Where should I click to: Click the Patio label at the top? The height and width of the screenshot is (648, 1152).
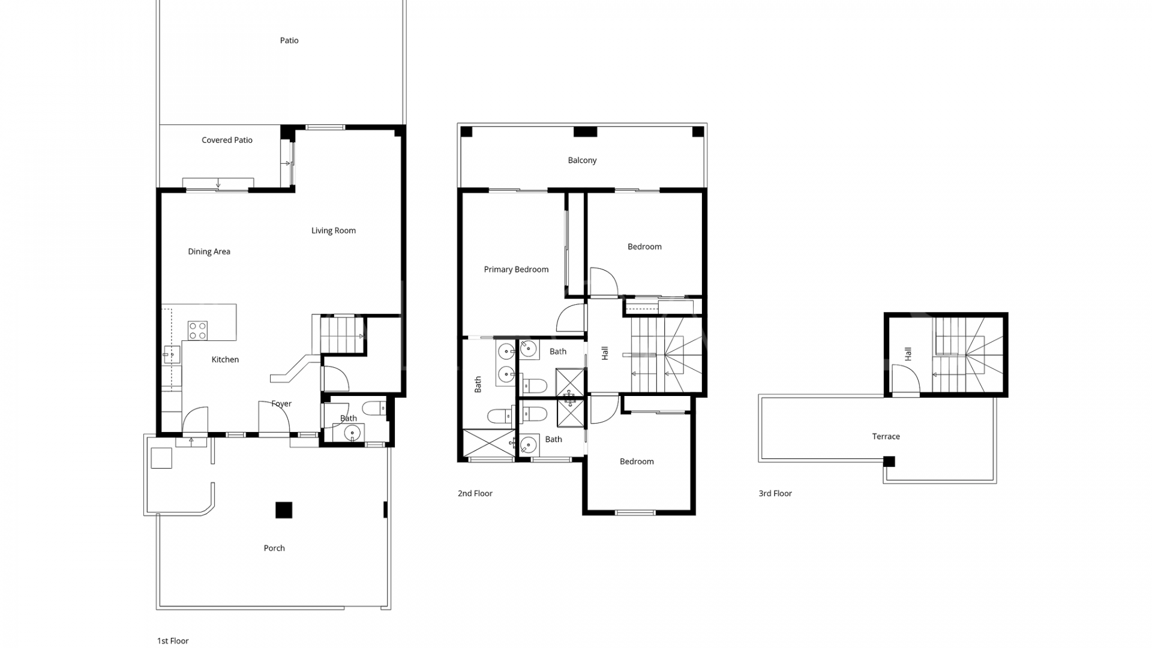click(x=289, y=41)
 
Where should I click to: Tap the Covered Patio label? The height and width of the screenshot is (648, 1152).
click(x=227, y=140)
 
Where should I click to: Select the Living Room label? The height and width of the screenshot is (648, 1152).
click(x=333, y=230)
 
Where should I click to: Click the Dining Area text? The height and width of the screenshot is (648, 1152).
click(x=209, y=251)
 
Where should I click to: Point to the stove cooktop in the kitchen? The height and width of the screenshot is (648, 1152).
click(x=197, y=331)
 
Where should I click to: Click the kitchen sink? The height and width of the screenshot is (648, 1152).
click(x=171, y=355)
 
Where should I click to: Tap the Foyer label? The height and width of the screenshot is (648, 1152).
click(x=281, y=404)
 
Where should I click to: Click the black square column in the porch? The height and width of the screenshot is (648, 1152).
click(x=284, y=510)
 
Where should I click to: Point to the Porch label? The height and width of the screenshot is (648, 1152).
click(x=274, y=548)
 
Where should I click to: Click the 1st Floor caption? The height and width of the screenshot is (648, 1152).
click(x=173, y=641)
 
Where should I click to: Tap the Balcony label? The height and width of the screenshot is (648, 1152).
click(x=582, y=160)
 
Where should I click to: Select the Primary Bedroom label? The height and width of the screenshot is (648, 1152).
click(x=516, y=269)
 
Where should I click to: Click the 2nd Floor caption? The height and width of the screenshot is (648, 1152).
click(x=475, y=493)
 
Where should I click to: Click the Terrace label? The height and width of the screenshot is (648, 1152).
click(x=886, y=436)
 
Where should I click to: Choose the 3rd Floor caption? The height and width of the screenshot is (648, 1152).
click(x=775, y=493)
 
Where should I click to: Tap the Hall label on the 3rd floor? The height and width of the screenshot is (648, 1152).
click(x=908, y=354)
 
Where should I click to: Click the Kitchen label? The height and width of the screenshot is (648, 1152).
click(x=225, y=359)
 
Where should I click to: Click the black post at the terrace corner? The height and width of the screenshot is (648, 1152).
click(x=889, y=461)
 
